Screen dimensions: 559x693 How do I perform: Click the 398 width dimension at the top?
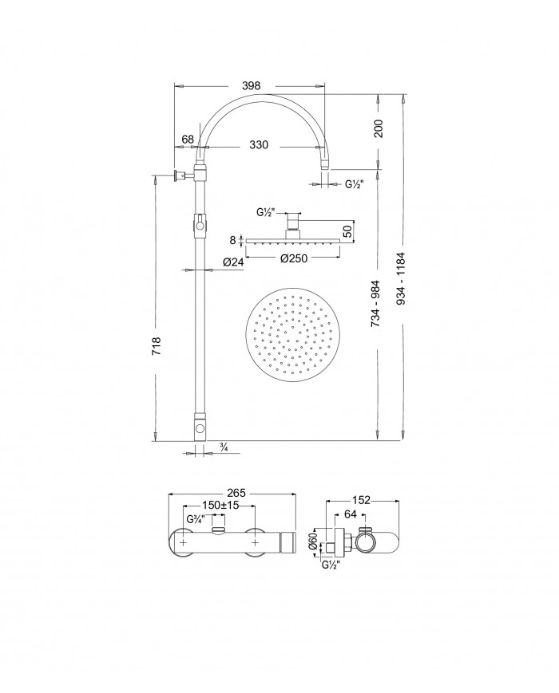(252, 86)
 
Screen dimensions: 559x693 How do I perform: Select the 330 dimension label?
(259, 145)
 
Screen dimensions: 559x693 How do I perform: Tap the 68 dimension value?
(188, 140)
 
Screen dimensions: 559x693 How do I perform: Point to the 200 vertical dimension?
(379, 128)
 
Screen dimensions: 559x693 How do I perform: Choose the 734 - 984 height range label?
(376, 304)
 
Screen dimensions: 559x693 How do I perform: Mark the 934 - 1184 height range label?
(402, 278)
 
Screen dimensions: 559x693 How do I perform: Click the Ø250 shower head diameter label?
(294, 258)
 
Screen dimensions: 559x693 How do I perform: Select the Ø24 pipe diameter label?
(233, 262)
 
